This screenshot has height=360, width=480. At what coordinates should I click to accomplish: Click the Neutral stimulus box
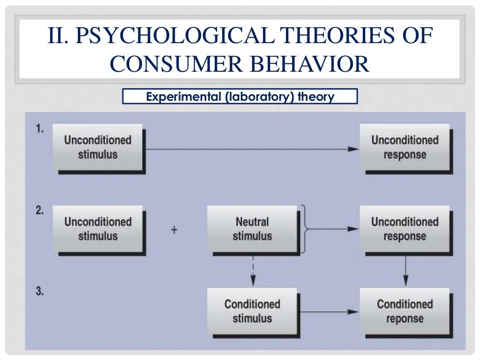click(x=252, y=229)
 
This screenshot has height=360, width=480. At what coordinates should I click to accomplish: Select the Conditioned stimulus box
click(x=252, y=311)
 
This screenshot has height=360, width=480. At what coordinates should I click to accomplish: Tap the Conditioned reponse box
click(x=405, y=311)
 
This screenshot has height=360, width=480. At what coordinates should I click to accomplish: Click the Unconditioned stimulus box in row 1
click(x=97, y=147)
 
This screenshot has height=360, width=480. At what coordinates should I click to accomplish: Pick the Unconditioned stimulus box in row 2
click(x=97, y=229)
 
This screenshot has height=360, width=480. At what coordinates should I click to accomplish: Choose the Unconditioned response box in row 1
click(x=405, y=147)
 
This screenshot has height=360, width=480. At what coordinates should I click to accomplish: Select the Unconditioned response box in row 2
click(x=405, y=229)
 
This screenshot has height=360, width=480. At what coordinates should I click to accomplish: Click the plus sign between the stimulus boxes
click(x=174, y=230)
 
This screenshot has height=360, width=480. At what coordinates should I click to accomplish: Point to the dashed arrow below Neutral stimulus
click(x=253, y=270)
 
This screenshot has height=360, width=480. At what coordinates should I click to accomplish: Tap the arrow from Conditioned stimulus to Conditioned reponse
click(x=328, y=312)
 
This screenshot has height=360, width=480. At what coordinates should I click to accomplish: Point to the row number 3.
click(x=40, y=291)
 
